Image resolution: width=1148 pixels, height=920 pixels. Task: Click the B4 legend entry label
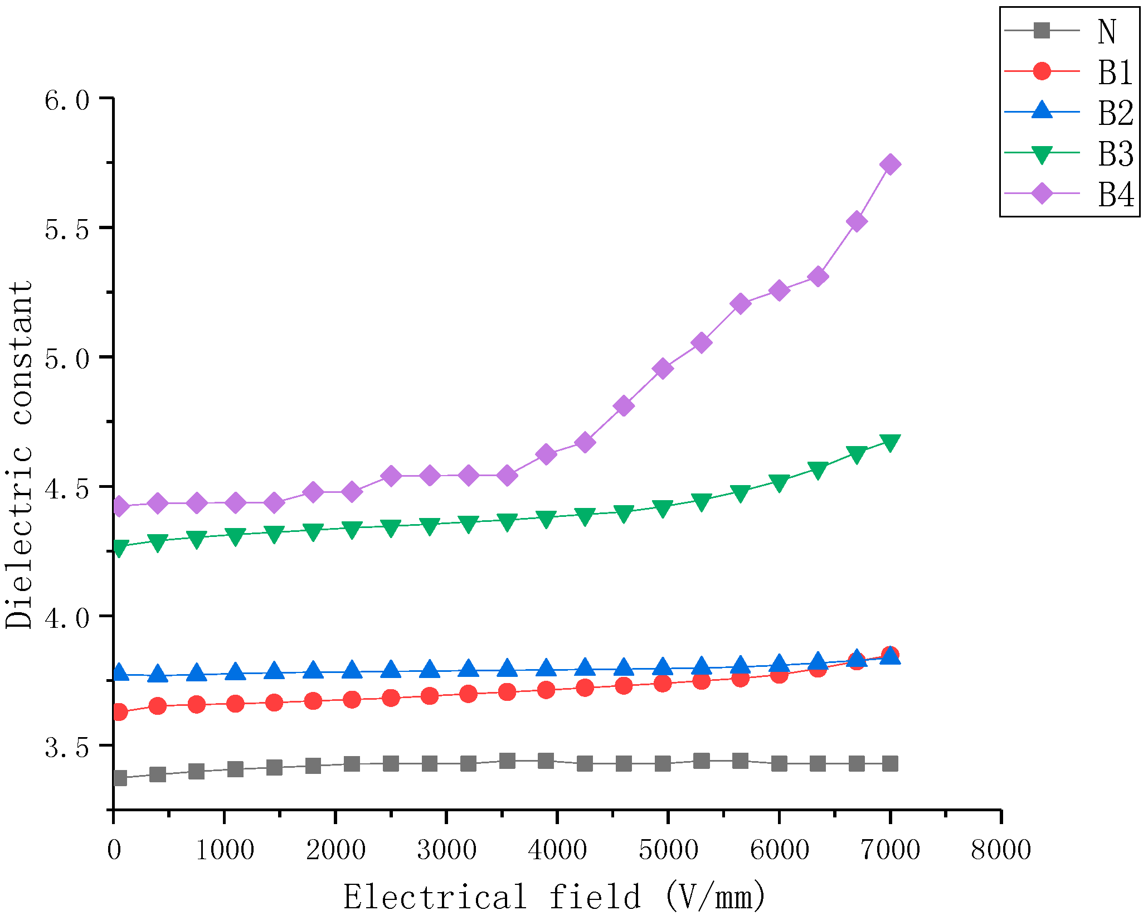1115,195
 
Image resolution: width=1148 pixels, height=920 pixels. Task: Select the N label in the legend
1107,31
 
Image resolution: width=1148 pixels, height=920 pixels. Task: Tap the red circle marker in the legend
1042,71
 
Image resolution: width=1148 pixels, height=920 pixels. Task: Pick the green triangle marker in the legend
1042,154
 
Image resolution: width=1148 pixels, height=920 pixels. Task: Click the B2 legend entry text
1115,113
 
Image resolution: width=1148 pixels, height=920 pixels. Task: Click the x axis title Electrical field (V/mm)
554,897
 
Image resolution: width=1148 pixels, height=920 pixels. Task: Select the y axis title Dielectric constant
19,454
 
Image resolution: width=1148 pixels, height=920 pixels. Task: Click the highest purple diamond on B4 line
890,164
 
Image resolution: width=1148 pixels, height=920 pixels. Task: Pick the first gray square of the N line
119,778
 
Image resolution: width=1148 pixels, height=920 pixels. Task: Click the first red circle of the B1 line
119,712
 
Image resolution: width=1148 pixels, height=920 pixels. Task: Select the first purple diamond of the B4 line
119,506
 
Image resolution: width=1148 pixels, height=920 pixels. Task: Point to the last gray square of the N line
890,763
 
